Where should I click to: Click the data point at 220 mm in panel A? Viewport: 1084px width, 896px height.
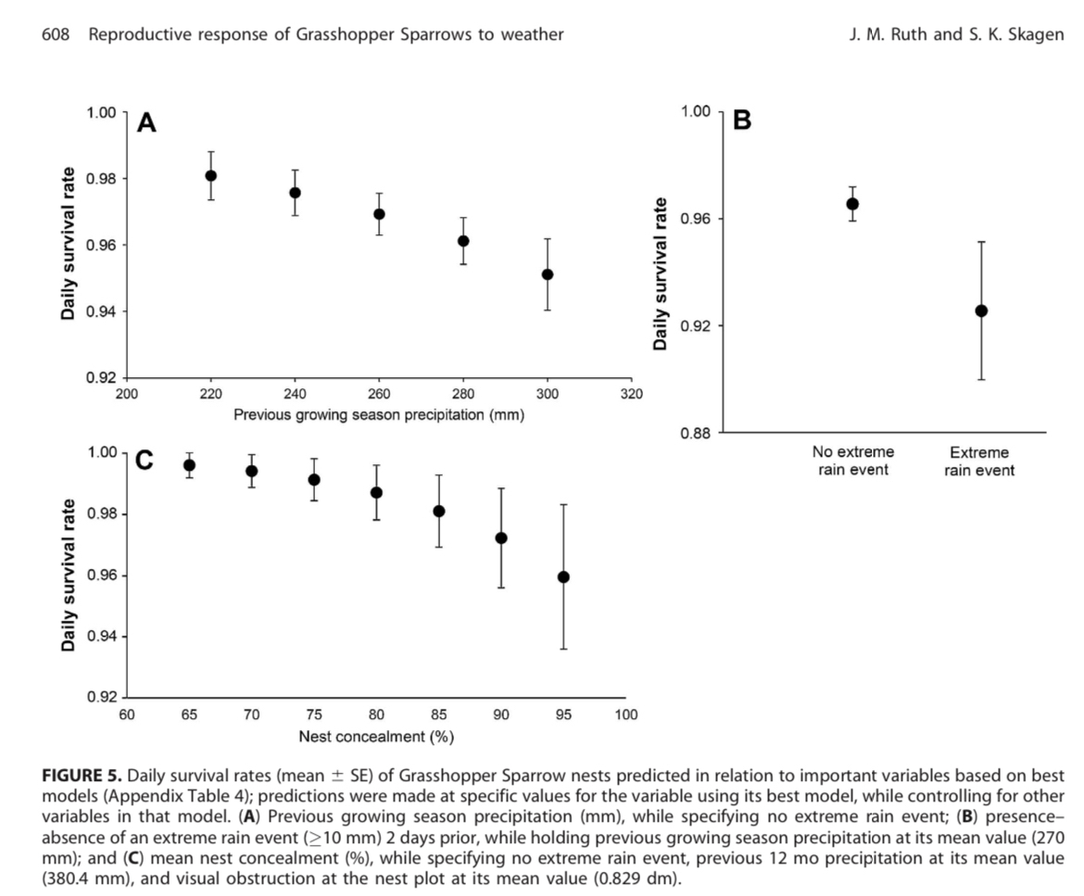[x=211, y=176]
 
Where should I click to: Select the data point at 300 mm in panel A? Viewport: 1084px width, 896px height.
[x=548, y=274]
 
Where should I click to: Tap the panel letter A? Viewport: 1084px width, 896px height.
[x=146, y=123]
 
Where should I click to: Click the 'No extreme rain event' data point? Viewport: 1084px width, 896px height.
[x=852, y=204]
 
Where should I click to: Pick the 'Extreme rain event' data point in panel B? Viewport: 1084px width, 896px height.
[x=981, y=311]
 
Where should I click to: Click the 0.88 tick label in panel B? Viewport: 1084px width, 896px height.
[x=694, y=433]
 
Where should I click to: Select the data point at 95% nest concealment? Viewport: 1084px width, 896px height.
[x=563, y=577]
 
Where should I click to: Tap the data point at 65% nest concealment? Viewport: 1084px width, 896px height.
[x=189, y=465]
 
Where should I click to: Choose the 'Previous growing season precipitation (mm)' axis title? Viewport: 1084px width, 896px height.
[x=379, y=415]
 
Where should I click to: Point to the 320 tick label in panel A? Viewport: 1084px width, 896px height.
[x=630, y=393]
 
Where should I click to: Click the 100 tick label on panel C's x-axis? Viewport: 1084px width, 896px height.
[x=626, y=714]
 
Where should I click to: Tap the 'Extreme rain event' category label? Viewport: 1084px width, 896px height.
[x=979, y=461]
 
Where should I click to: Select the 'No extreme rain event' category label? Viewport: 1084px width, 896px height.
[x=852, y=461]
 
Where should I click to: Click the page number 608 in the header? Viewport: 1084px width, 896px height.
[x=57, y=36]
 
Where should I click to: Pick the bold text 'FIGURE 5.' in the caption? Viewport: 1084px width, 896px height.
[x=84, y=773]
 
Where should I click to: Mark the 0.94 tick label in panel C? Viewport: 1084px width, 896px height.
[x=102, y=637]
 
